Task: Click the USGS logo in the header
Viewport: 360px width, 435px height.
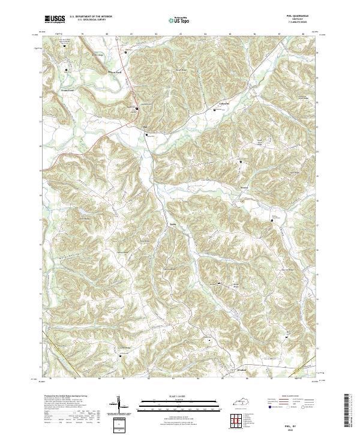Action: [55, 19]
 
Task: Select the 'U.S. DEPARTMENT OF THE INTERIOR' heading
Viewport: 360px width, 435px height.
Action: [90, 17]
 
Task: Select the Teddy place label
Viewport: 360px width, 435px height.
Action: [173, 226]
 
